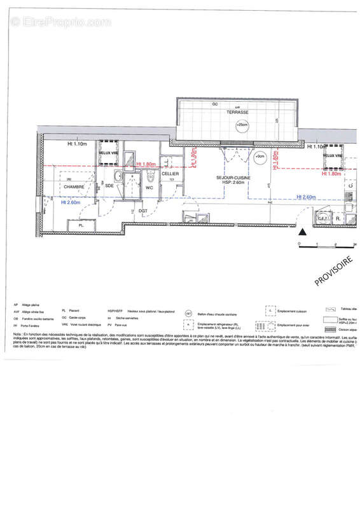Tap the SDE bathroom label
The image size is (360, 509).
click(x=109, y=185)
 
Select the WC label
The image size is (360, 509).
click(x=149, y=188)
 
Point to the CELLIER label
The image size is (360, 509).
click(x=170, y=174)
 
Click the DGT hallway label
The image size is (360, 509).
click(x=144, y=211)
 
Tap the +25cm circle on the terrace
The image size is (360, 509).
click(x=242, y=125)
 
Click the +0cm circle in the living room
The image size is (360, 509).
click(x=259, y=156)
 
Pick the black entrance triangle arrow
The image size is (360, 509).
click(x=303, y=233)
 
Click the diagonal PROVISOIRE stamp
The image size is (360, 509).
click(x=334, y=271)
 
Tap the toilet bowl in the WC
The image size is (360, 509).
click(x=150, y=176)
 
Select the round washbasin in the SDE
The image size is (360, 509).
click(x=118, y=176)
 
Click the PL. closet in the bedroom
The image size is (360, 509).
click(x=81, y=225)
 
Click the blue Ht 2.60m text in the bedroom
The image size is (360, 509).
click(x=71, y=203)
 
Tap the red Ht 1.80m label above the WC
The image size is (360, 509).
click(x=147, y=164)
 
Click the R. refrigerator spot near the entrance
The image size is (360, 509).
click(x=338, y=218)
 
